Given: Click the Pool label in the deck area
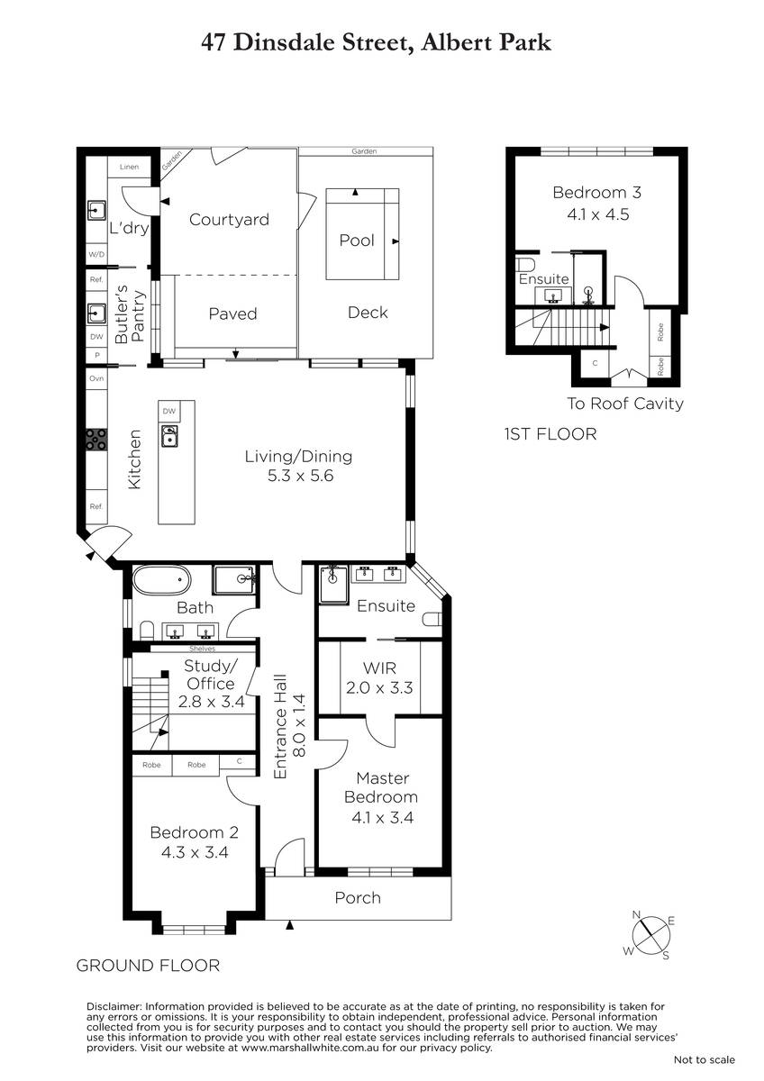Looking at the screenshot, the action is pyautogui.click(x=357, y=240).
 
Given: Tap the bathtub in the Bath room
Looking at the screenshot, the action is pyautogui.click(x=161, y=580).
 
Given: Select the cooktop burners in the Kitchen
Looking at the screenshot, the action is pyautogui.click(x=96, y=440).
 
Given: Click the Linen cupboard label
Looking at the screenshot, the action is pyautogui.click(x=129, y=167).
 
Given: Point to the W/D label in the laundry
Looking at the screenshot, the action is pyautogui.click(x=96, y=254).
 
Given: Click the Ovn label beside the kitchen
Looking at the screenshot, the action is pyautogui.click(x=96, y=378).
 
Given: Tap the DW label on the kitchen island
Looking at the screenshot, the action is pyautogui.click(x=168, y=411).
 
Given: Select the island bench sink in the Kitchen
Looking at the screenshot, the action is pyautogui.click(x=168, y=436).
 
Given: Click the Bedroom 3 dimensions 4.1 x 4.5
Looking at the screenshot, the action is pyautogui.click(x=598, y=214).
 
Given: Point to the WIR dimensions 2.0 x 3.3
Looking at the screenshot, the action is pyautogui.click(x=379, y=687).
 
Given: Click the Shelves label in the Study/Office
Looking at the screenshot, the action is pyautogui.click(x=202, y=649).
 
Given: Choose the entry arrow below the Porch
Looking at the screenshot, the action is pyautogui.click(x=289, y=925).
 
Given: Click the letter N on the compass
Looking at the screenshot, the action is pyautogui.click(x=636, y=914).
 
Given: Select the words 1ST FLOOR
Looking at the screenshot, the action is pyautogui.click(x=550, y=434).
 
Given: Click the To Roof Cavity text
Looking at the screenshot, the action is pyautogui.click(x=625, y=404).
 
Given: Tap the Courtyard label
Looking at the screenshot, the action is pyautogui.click(x=229, y=220).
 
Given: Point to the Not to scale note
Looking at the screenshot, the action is pyautogui.click(x=705, y=1059).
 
